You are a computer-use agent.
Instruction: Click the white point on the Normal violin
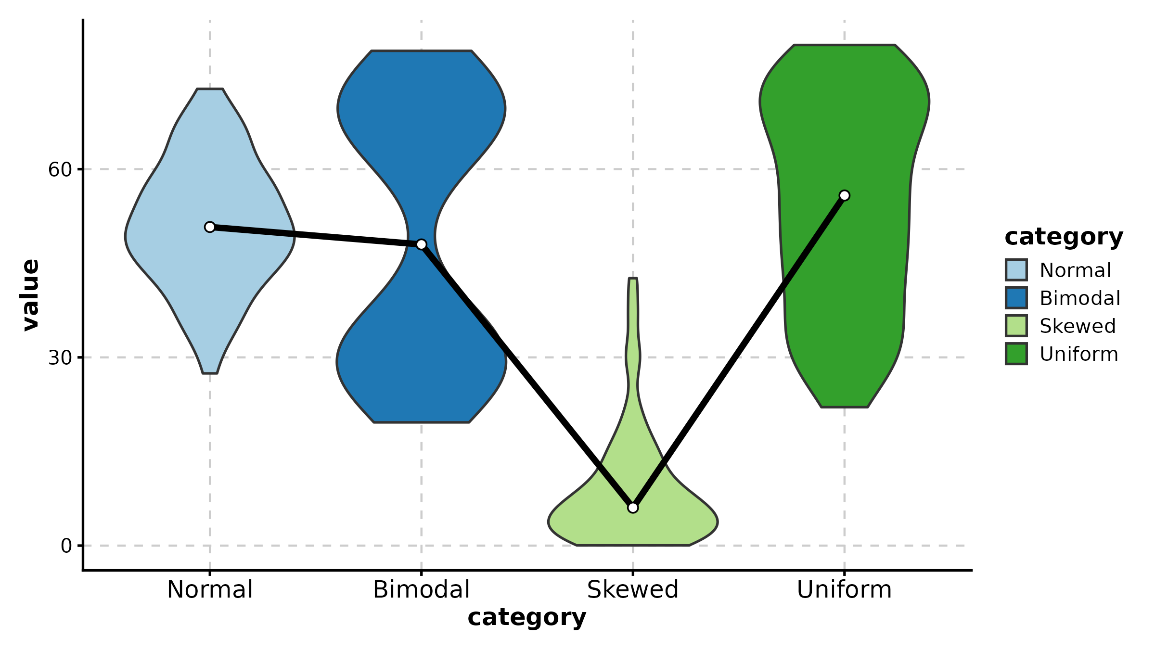(210, 227)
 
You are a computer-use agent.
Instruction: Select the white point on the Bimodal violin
(421, 244)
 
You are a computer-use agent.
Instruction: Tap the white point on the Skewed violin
(633, 508)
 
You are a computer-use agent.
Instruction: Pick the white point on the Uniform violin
(844, 195)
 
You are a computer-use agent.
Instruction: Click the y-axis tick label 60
(60, 170)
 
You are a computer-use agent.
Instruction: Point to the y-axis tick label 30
(60, 358)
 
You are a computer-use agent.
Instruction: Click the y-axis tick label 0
(66, 547)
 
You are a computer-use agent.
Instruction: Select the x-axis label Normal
(210, 590)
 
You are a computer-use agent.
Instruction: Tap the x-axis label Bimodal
(421, 590)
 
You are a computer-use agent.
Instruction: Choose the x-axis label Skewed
(633, 590)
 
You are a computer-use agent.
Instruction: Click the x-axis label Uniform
(844, 590)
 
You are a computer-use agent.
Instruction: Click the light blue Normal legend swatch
(1016, 270)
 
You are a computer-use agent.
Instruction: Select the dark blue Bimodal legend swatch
(1016, 298)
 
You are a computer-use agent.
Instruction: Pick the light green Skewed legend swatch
(1016, 326)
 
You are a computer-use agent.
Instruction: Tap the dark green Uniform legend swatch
(1016, 354)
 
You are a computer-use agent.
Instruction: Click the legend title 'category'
(1064, 237)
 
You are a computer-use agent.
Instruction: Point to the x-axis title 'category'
(527, 618)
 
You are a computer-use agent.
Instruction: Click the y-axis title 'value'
(31, 295)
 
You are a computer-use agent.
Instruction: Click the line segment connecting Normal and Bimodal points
(315, 236)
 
